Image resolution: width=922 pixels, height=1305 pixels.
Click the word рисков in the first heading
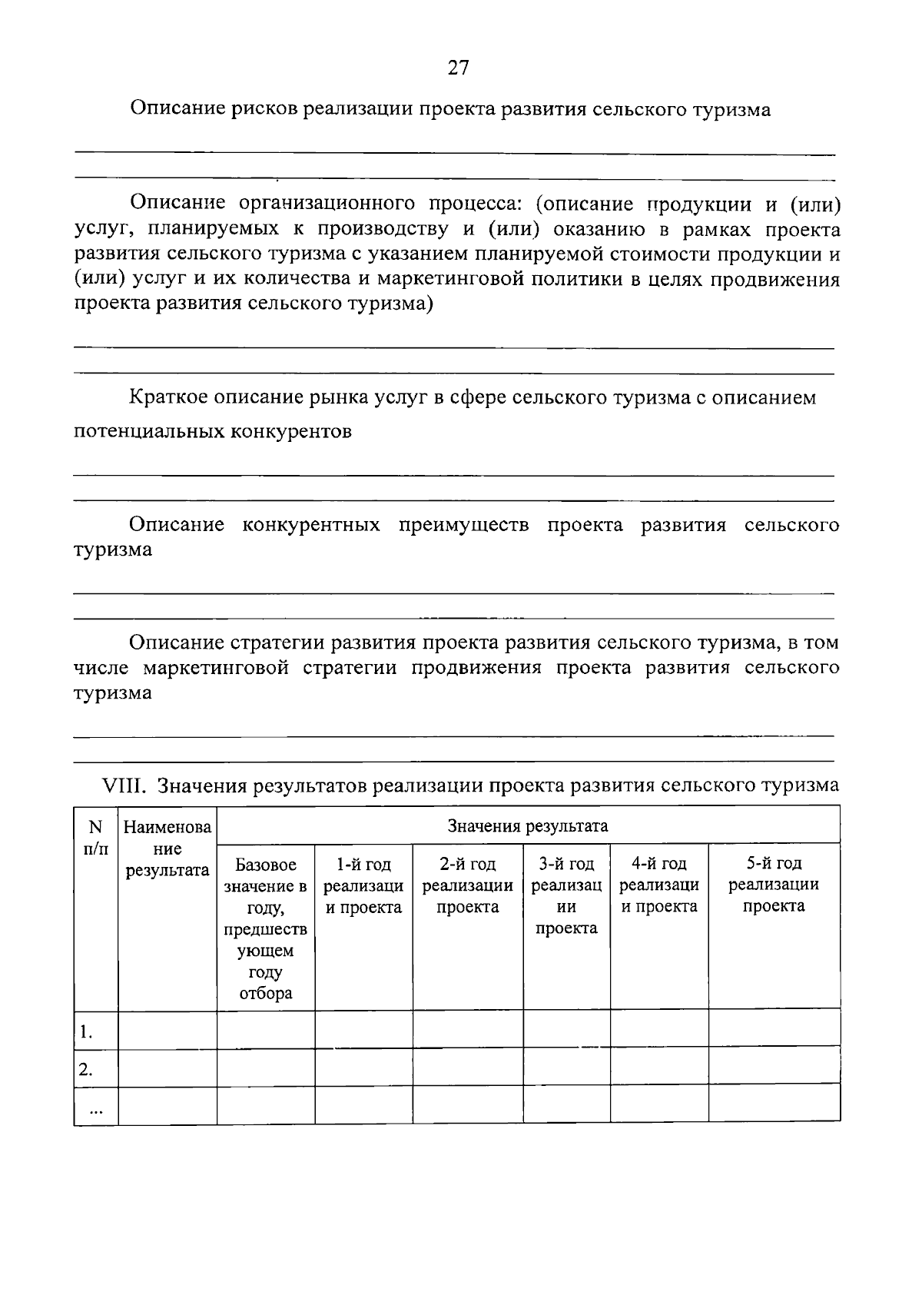[x=264, y=110]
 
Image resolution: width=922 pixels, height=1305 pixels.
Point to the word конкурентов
[x=290, y=431]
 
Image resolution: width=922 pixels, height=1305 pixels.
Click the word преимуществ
[x=463, y=525]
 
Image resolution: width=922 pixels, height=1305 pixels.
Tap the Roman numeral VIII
[x=125, y=785]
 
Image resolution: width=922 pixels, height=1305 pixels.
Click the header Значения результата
[x=528, y=826]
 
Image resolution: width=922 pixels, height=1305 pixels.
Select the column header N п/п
[x=95, y=838]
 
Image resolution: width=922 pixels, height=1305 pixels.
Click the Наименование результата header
[x=167, y=849]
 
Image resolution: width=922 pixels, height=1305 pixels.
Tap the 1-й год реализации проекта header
[x=363, y=886]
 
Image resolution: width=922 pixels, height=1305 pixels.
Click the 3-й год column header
[x=566, y=896]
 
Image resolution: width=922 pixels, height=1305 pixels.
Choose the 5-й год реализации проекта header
[x=774, y=885]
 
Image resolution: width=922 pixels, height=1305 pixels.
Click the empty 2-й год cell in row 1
[x=468, y=1029]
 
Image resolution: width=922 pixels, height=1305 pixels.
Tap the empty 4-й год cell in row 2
[x=658, y=1066]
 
